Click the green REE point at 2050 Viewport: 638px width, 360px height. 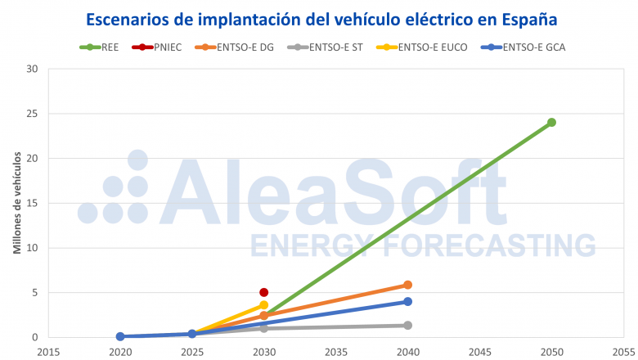(551, 123)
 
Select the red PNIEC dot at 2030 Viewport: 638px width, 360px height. (264, 292)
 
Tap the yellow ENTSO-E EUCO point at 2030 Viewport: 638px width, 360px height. (264, 305)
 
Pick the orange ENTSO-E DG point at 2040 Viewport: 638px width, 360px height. (407, 285)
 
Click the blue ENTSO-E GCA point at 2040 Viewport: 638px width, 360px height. (407, 302)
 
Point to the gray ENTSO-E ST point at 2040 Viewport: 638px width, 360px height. (407, 326)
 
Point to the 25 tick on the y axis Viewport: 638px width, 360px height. (33, 114)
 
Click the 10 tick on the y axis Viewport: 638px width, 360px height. (33, 248)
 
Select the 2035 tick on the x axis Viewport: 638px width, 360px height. (336, 352)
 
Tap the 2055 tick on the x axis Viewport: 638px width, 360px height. (623, 352)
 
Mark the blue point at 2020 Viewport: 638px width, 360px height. (120, 336)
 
